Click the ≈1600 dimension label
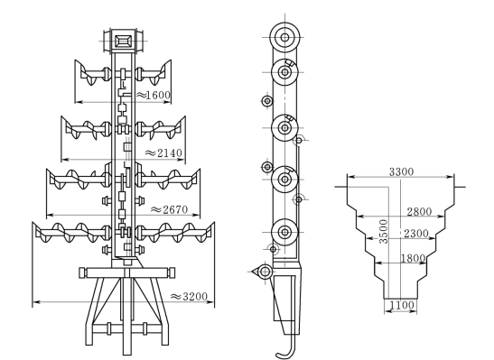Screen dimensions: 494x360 click(x=154, y=95)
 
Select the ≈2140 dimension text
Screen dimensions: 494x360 click(x=163, y=153)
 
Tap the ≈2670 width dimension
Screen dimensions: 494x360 click(x=170, y=209)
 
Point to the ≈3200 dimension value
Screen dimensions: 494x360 click(x=189, y=297)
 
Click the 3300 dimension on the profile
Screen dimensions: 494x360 click(x=401, y=171)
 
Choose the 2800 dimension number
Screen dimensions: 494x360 click(x=419, y=212)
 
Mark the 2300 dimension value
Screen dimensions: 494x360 click(x=416, y=234)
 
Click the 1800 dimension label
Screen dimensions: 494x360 click(x=413, y=258)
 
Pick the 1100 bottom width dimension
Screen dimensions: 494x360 click(x=402, y=305)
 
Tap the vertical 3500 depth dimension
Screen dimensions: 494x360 click(x=384, y=232)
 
